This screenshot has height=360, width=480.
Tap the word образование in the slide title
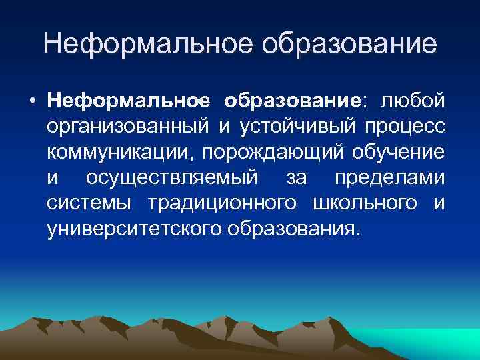[351, 44]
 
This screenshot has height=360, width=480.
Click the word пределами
[389, 178]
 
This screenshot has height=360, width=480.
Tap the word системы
[92, 203]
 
